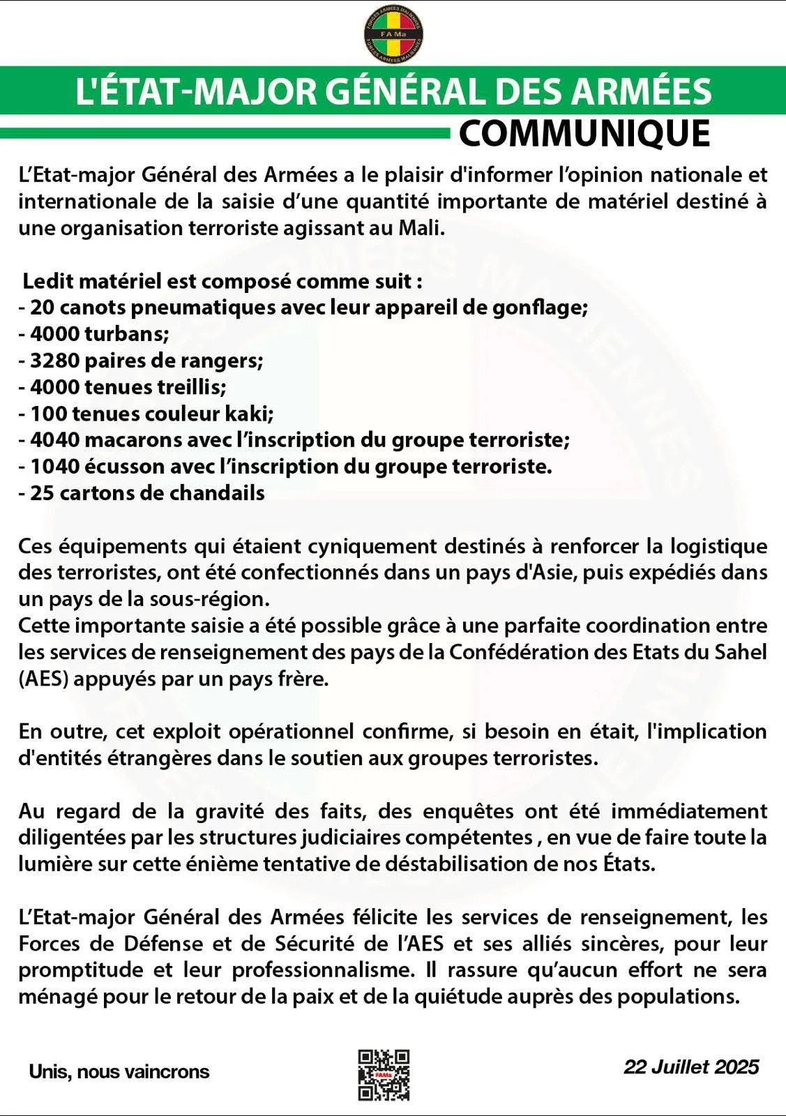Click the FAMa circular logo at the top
click(x=394, y=33)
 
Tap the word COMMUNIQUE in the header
click(x=584, y=133)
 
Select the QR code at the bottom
click(x=384, y=1075)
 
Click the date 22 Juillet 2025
click(x=690, y=1066)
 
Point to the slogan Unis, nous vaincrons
click(x=119, y=1071)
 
